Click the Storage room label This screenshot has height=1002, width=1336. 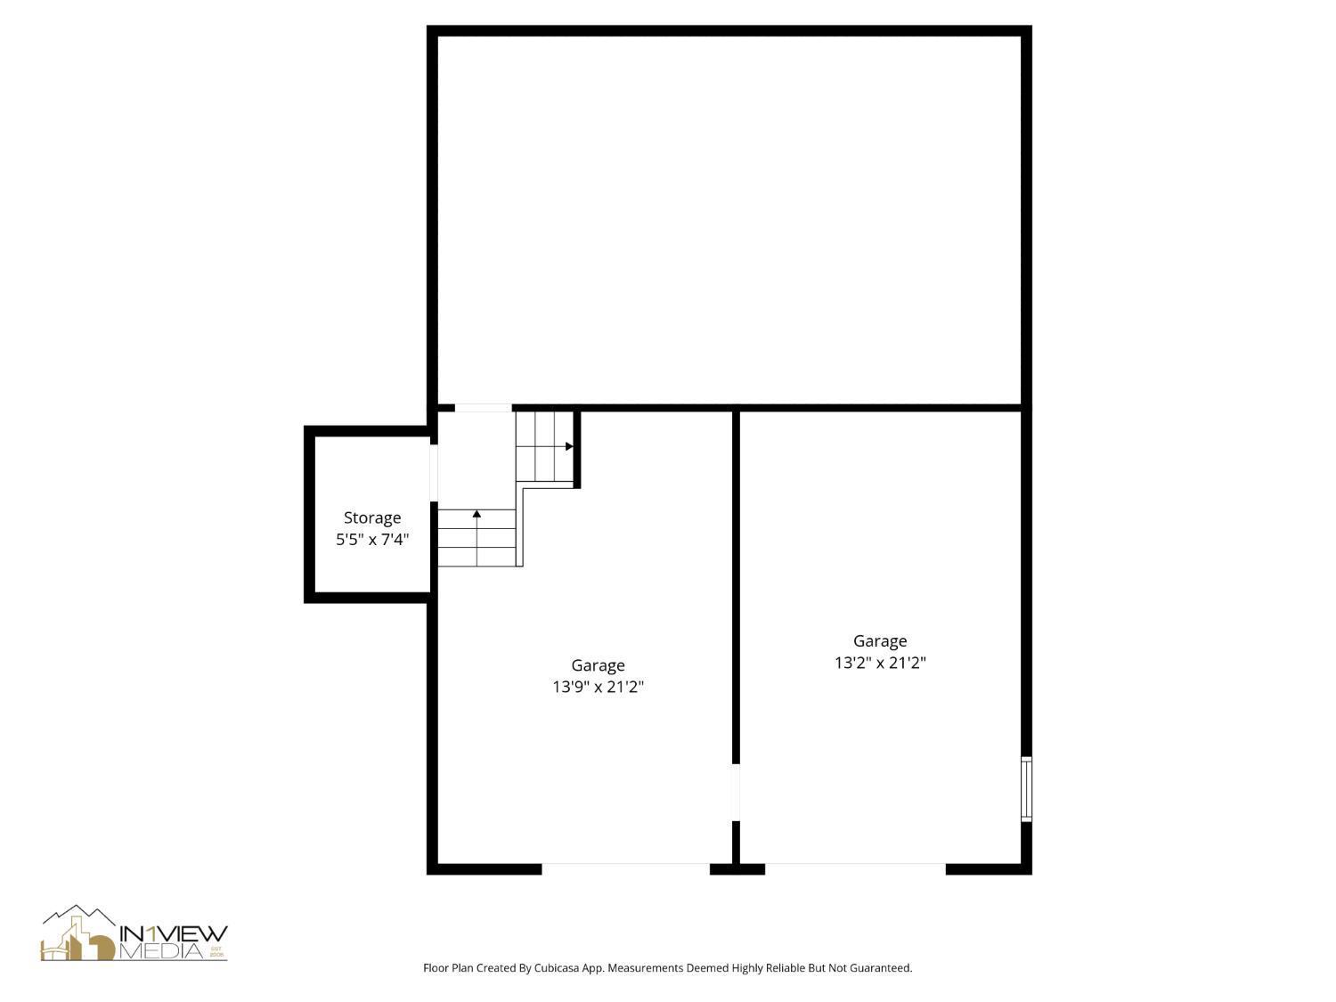pos(372,517)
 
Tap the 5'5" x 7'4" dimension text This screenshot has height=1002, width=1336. pos(372,540)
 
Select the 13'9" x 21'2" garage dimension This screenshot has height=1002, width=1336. pos(598,687)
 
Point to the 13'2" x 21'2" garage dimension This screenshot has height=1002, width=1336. pos(880,663)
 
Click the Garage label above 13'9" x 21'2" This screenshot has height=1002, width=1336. pos(598,665)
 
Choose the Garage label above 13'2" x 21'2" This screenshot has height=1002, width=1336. pos(880,641)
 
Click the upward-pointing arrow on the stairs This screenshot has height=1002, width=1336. pos(477,515)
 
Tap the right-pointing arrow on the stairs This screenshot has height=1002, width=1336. pos(568,446)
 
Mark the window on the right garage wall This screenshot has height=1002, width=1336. pos(1026,789)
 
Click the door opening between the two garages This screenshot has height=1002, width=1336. pos(736,793)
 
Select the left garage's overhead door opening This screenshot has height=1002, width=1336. pos(625,868)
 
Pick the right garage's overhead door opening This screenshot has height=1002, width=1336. pos(855,868)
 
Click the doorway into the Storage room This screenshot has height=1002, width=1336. pos(434,473)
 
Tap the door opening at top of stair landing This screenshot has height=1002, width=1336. pos(483,408)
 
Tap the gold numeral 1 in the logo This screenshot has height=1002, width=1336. pos(152,933)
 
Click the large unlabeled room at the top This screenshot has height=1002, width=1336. pos(729,219)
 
